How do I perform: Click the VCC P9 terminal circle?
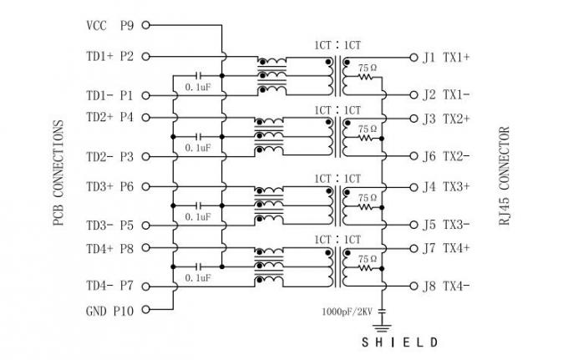(145, 25)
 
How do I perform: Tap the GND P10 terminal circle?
(145, 310)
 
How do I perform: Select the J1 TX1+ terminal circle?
(413, 58)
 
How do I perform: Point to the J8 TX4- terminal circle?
(413, 286)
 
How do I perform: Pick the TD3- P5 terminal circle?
(145, 226)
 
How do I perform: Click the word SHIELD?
(400, 342)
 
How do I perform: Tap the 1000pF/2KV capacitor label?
(347, 312)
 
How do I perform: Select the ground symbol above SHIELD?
(382, 328)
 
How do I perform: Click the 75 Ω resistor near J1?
(365, 77)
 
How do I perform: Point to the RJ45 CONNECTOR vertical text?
(504, 176)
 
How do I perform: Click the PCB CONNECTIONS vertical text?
(58, 173)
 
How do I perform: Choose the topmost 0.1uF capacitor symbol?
(199, 76)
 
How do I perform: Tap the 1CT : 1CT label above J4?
(337, 179)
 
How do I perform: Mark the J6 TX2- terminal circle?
(413, 155)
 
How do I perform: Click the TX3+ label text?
(456, 187)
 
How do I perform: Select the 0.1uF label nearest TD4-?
(198, 278)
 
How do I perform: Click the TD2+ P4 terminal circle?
(145, 117)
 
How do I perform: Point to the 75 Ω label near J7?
(368, 259)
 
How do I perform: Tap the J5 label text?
(429, 225)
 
